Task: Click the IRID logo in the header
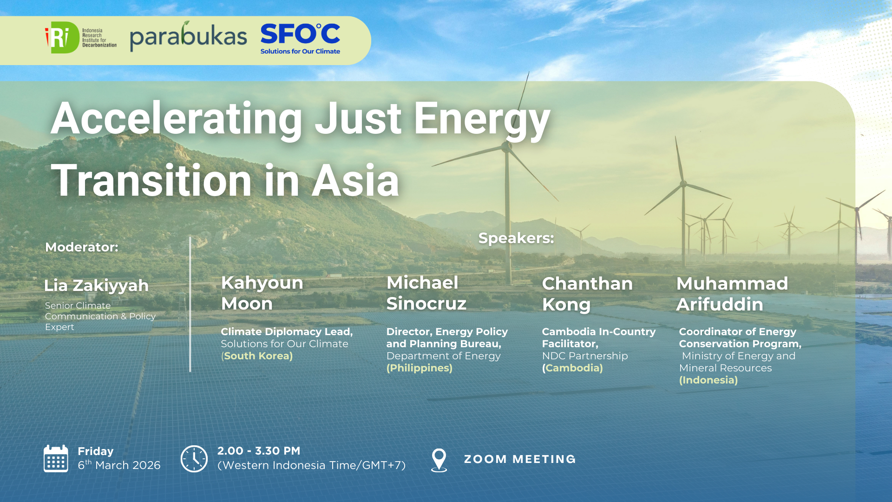80,38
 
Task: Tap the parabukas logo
188,37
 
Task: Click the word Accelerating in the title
177,119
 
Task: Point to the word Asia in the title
355,181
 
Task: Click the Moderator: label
82,247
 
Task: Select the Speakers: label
516,238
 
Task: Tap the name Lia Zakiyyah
96,285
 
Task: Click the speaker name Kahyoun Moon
262,293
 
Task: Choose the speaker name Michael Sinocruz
426,293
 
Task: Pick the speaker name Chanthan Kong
587,294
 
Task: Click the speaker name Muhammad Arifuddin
732,294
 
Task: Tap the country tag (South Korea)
257,356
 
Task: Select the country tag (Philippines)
419,368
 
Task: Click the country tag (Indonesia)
708,380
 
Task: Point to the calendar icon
56,458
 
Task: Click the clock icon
194,459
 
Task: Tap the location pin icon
439,460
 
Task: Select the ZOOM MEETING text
520,459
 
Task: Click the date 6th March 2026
119,465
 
